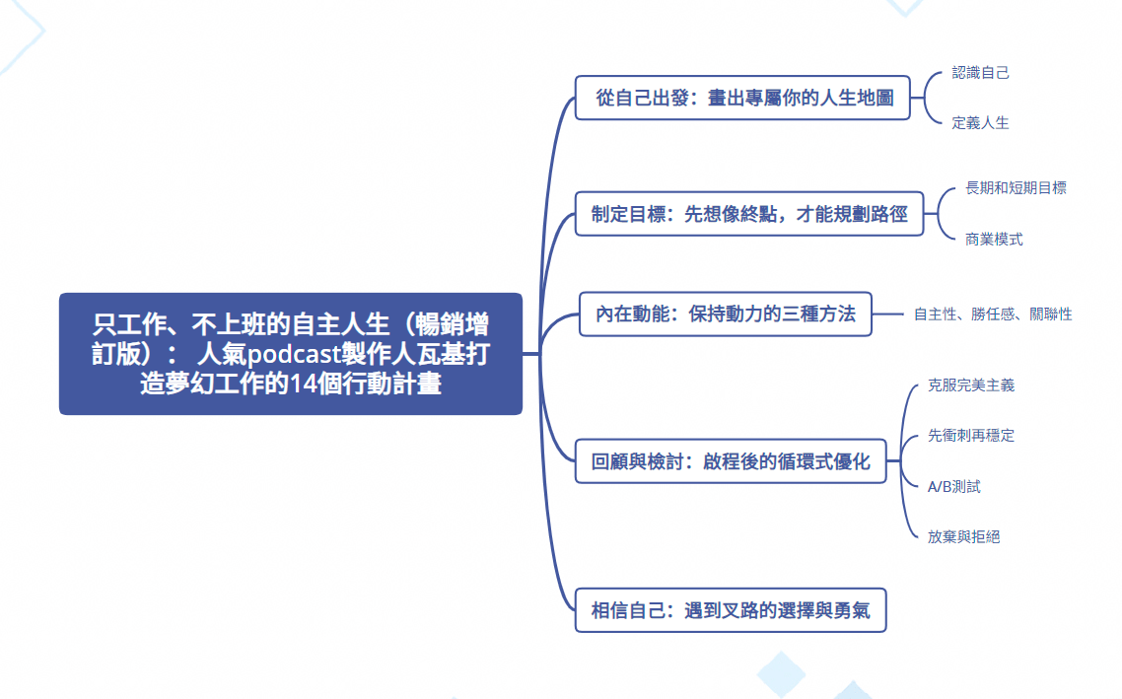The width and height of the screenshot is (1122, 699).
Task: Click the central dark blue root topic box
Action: point(291,353)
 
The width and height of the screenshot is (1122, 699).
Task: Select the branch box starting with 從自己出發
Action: point(742,98)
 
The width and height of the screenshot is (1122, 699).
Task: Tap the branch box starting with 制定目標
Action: point(749,213)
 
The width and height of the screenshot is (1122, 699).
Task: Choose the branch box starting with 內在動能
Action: point(725,314)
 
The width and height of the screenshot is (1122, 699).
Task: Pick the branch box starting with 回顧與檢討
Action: point(731,460)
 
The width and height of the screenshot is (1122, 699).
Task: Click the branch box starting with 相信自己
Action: point(731,610)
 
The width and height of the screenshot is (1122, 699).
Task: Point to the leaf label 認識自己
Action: point(980,72)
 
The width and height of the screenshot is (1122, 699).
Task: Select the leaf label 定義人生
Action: point(980,123)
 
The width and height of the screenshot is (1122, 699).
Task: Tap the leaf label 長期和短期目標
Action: point(1017,187)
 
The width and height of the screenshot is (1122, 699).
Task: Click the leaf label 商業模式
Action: point(994,239)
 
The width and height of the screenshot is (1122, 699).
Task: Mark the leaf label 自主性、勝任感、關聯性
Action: point(993,315)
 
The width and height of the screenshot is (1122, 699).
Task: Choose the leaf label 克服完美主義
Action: point(971,384)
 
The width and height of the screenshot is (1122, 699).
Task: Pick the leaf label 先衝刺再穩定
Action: point(971,435)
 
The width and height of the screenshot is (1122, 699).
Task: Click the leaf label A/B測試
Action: point(953,486)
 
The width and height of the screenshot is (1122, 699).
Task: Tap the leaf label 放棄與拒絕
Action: point(964,536)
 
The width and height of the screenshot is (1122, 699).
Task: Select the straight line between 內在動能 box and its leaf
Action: point(888,314)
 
